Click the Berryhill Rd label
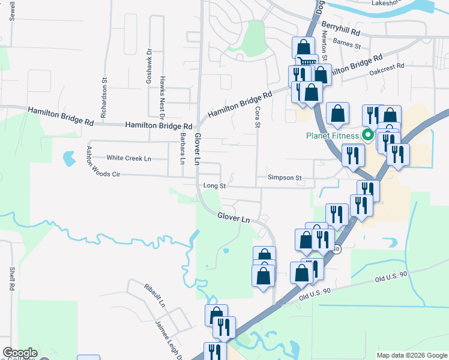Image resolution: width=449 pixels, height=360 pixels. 340,29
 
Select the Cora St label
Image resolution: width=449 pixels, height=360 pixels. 257,116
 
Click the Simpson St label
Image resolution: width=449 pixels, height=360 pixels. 285,178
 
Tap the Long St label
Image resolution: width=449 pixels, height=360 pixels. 214,186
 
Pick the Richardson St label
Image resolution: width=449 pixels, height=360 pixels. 104,97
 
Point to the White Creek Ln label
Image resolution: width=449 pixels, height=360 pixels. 128,158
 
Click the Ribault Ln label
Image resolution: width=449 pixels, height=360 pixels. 154,295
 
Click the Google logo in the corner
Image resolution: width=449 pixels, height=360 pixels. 20,353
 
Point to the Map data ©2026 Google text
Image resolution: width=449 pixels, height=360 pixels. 411,355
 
